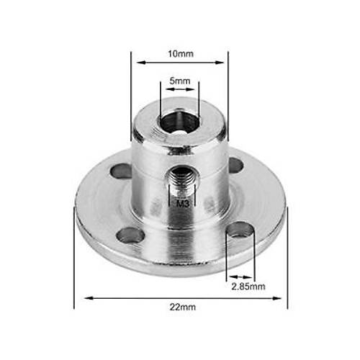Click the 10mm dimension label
click(181, 54)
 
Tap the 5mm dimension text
click(180, 81)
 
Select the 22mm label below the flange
click(183, 307)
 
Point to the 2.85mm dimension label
click(248, 287)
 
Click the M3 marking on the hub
click(183, 204)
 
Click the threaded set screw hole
click(181, 179)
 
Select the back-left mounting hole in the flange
click(121, 171)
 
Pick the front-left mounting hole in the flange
click(130, 235)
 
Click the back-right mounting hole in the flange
click(236, 165)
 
